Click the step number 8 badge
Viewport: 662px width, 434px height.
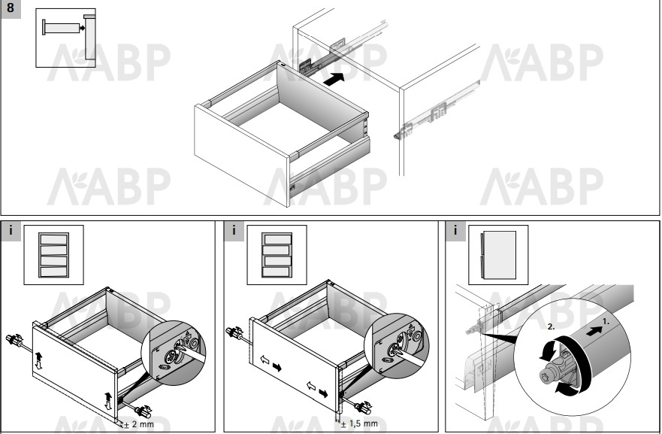(x=11, y=8)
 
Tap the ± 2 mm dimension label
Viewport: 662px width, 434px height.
(x=139, y=424)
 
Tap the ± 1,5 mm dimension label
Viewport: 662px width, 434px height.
(x=359, y=423)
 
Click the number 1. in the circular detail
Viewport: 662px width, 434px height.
(x=606, y=322)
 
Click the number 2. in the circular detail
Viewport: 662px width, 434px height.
(x=551, y=326)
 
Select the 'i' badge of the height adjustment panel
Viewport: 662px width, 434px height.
(x=11, y=231)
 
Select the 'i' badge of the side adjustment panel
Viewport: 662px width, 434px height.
(x=234, y=231)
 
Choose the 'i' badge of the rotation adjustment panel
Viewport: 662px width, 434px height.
(x=455, y=231)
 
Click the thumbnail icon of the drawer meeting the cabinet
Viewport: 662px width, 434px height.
(x=65, y=38)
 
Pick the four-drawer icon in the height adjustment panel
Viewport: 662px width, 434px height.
(x=53, y=255)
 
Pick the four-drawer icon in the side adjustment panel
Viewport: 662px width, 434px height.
(x=277, y=255)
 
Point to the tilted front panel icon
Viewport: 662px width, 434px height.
(x=498, y=255)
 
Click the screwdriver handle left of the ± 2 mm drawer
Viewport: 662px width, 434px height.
(x=14, y=339)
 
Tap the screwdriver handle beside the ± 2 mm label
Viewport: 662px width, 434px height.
(x=144, y=411)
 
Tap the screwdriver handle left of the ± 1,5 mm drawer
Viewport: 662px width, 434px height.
(x=234, y=332)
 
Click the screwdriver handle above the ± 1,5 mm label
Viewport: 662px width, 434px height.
(x=364, y=408)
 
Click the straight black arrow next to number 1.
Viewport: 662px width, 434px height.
(x=594, y=331)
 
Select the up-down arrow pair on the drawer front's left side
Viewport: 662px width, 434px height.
(x=38, y=360)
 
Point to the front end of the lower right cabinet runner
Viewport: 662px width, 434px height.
(x=398, y=135)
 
